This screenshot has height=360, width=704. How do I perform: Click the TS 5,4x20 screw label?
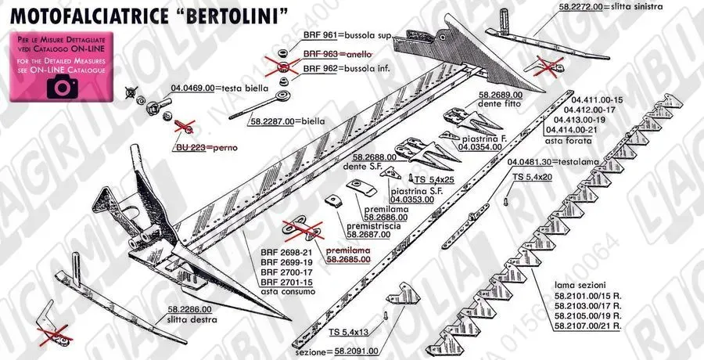[x=533, y=178]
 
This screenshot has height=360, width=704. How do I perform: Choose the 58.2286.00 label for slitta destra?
[x=190, y=309]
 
